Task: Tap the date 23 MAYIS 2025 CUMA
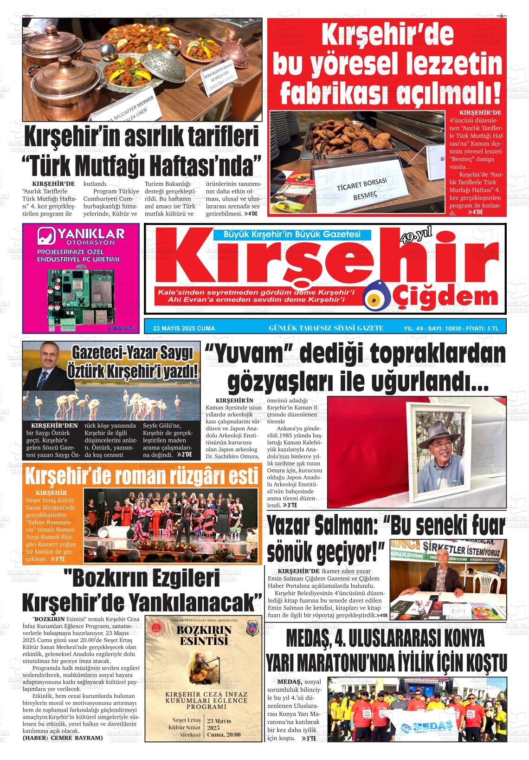184,328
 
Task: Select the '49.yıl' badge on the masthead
415,238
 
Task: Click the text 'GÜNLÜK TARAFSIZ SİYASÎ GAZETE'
326,328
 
